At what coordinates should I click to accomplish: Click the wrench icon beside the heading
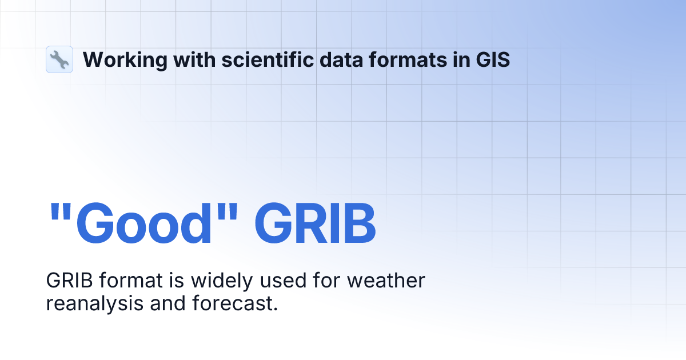click(x=59, y=59)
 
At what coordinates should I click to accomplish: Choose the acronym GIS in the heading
click(x=493, y=59)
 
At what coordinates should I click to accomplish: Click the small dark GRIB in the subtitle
click(x=65, y=281)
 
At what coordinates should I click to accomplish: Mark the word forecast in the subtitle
click(x=232, y=303)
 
